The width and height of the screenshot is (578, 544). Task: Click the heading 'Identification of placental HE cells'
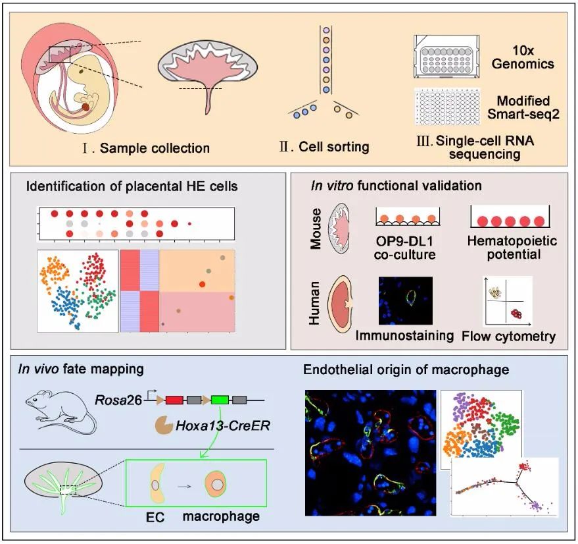(x=132, y=186)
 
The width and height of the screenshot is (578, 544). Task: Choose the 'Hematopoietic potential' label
(x=514, y=248)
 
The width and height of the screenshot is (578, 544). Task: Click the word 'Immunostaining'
(x=405, y=335)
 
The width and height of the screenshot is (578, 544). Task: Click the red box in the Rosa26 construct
(x=175, y=399)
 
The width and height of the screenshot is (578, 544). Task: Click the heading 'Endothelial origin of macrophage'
(x=406, y=370)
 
